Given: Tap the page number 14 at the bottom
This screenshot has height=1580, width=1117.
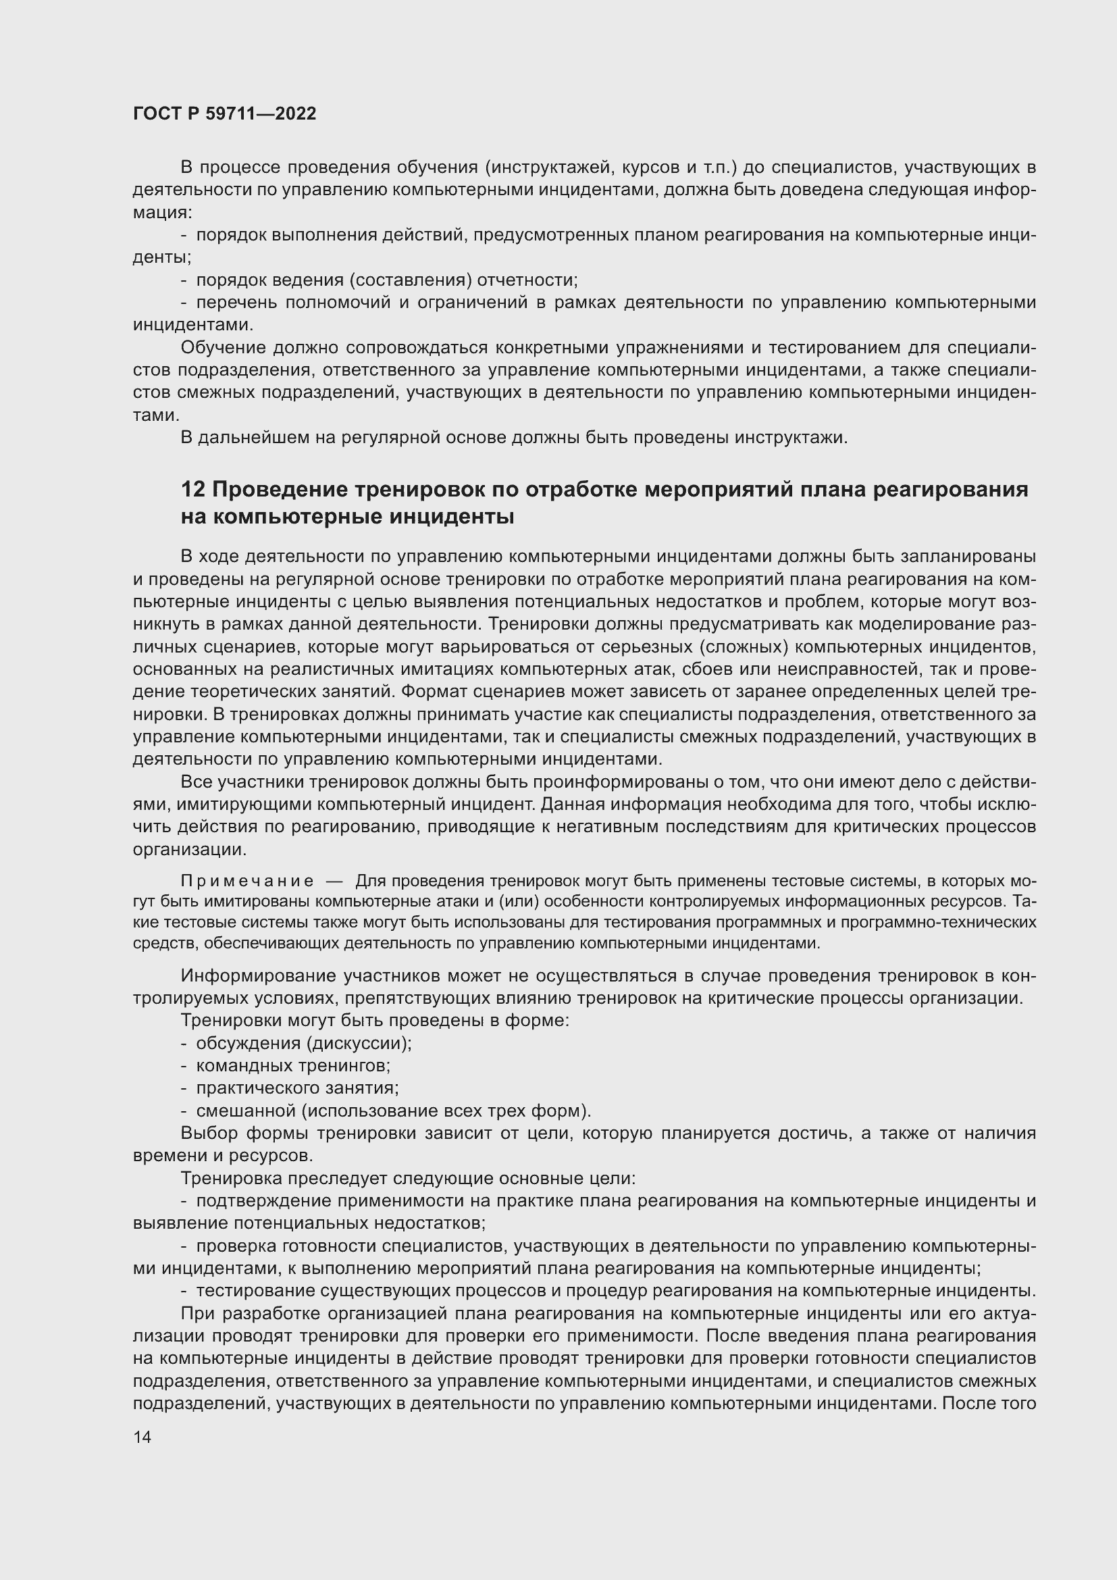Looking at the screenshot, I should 142,1437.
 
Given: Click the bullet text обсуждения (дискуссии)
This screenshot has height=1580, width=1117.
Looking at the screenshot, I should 303,1043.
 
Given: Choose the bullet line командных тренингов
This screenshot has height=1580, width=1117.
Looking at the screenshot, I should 293,1066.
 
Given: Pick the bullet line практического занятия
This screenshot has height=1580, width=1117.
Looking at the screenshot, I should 297,1089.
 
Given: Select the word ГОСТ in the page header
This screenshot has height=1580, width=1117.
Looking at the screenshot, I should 156,114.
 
